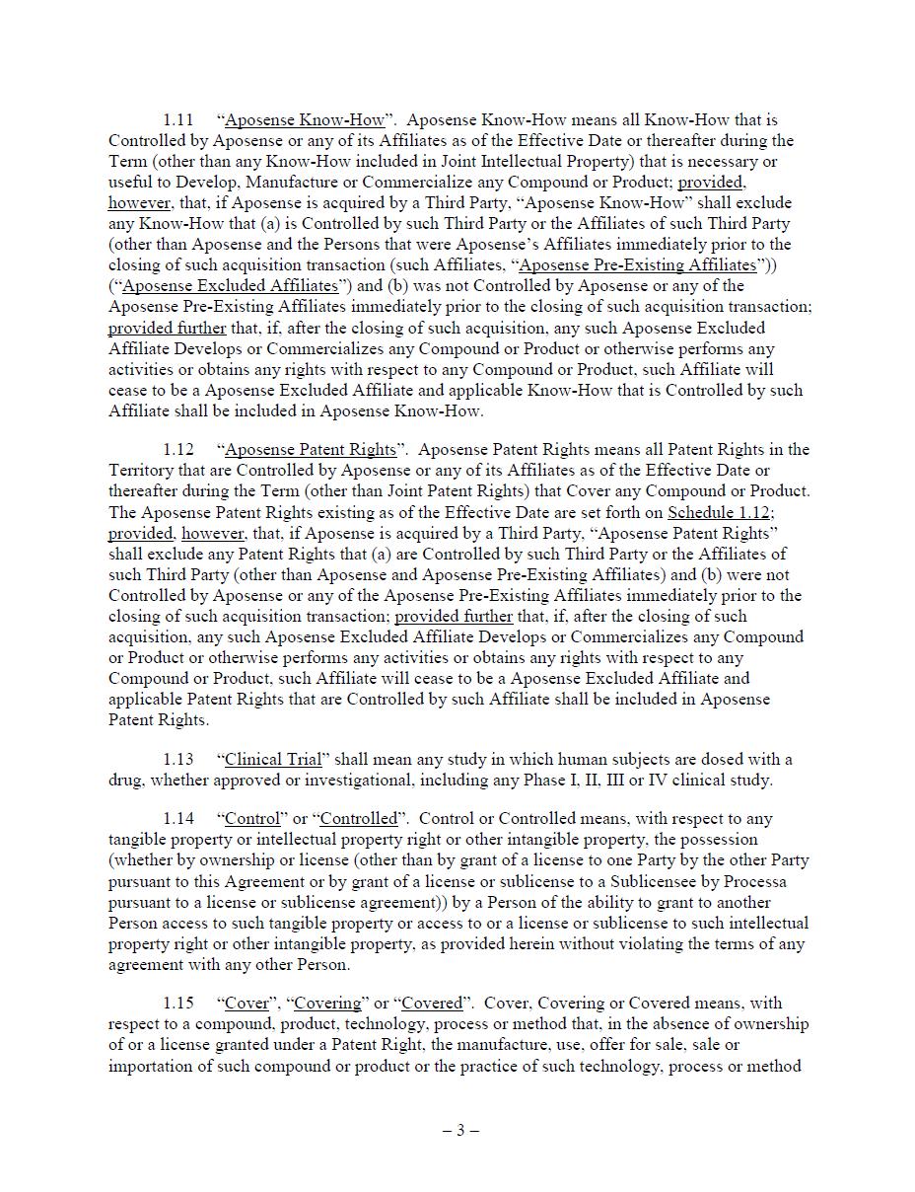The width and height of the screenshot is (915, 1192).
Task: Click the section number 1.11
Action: [177, 120]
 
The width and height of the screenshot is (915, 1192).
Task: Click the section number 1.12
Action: [177, 450]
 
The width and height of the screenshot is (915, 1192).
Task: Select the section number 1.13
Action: [177, 760]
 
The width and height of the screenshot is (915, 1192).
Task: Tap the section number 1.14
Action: [177, 819]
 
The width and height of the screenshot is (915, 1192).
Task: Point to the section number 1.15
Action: [177, 1004]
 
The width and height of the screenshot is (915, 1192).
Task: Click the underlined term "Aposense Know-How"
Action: [305, 120]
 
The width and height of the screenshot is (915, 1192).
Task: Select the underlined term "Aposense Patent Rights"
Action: [311, 450]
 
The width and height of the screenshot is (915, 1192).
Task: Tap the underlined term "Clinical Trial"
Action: [273, 760]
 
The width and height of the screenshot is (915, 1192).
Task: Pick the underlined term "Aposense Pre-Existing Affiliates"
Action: [637, 265]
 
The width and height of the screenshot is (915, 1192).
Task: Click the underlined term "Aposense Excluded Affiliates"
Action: [230, 286]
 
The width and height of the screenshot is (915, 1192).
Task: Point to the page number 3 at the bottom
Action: [459, 1131]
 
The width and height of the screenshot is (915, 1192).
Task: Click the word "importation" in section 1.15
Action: [156, 1066]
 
